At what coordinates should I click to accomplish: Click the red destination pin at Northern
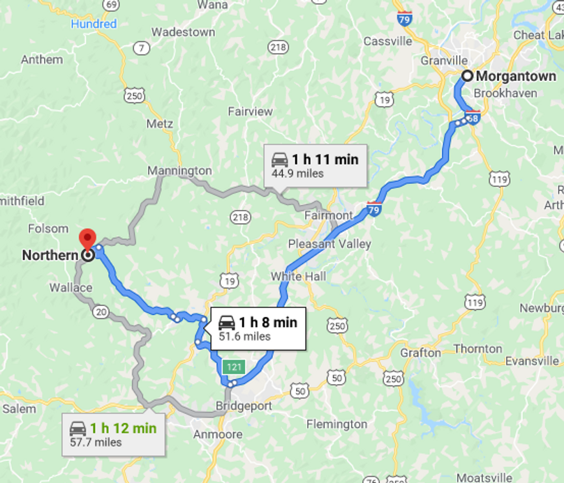87,238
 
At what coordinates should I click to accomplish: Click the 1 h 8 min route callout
258,328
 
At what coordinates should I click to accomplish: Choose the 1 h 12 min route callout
112,434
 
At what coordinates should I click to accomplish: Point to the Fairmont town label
328,215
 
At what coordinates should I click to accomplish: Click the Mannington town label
179,171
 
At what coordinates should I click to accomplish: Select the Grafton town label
421,353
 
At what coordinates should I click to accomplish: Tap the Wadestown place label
183,32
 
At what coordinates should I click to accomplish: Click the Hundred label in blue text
94,24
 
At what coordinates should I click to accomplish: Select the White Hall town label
298,277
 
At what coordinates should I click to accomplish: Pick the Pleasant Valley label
329,244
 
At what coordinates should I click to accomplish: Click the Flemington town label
336,424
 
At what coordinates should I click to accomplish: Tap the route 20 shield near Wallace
101,312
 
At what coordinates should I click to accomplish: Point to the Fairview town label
250,112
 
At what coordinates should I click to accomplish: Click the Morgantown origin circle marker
467,76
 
